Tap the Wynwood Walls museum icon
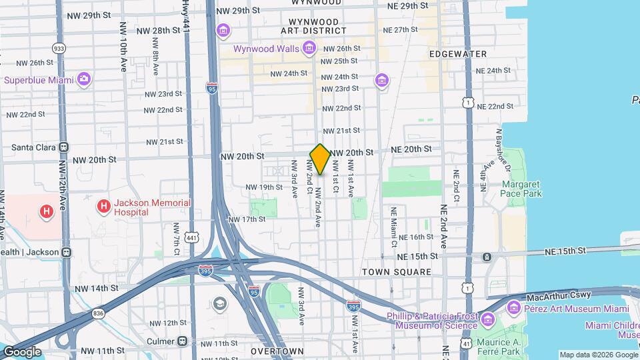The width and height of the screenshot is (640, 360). pyautogui.click(x=309, y=48)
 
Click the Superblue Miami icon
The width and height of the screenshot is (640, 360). pyautogui.click(x=83, y=80)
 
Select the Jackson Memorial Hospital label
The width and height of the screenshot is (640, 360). pyautogui.click(x=143, y=207)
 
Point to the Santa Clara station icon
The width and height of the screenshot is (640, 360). pyautogui.click(x=64, y=147)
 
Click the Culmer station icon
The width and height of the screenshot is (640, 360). pyautogui.click(x=183, y=341)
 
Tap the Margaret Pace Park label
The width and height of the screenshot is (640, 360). pyautogui.click(x=522, y=189)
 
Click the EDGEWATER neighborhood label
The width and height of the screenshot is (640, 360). pyautogui.click(x=458, y=53)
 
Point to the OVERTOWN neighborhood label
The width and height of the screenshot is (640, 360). pyautogui.click(x=277, y=351)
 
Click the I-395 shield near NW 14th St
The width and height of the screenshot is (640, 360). pyautogui.click(x=206, y=270)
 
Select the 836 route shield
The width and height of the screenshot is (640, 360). pyautogui.click(x=99, y=313)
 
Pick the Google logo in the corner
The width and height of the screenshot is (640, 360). pyautogui.click(x=22, y=351)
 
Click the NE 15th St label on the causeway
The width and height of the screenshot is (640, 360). pyautogui.click(x=564, y=251)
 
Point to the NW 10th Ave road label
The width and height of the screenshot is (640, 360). pyautogui.click(x=124, y=47)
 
